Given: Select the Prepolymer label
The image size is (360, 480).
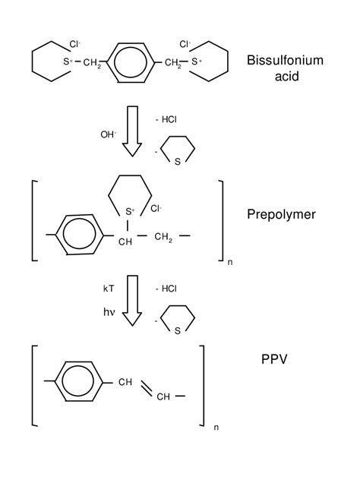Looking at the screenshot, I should click(x=280, y=214).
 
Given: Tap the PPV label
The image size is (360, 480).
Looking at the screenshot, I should click(x=274, y=358).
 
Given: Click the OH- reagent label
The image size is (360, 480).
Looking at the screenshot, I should click(x=109, y=134).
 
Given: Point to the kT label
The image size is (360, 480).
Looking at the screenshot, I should click(x=109, y=289).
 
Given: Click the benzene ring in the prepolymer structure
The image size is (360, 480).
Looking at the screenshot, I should click(x=79, y=235).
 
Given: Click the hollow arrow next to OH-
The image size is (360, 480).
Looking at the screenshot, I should click(x=133, y=131).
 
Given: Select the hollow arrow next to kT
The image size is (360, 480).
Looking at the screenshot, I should click(x=133, y=300).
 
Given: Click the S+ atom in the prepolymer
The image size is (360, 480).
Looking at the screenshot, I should click(x=130, y=210).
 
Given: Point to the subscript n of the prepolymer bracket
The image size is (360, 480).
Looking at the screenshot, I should click(x=230, y=262).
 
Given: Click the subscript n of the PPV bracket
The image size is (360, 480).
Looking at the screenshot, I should click(x=216, y=427).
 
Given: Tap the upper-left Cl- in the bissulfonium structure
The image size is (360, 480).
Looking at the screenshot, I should click(x=75, y=45).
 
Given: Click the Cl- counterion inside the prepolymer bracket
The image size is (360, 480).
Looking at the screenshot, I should click(x=156, y=208).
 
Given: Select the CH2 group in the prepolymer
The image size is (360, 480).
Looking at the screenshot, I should click(x=163, y=238).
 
